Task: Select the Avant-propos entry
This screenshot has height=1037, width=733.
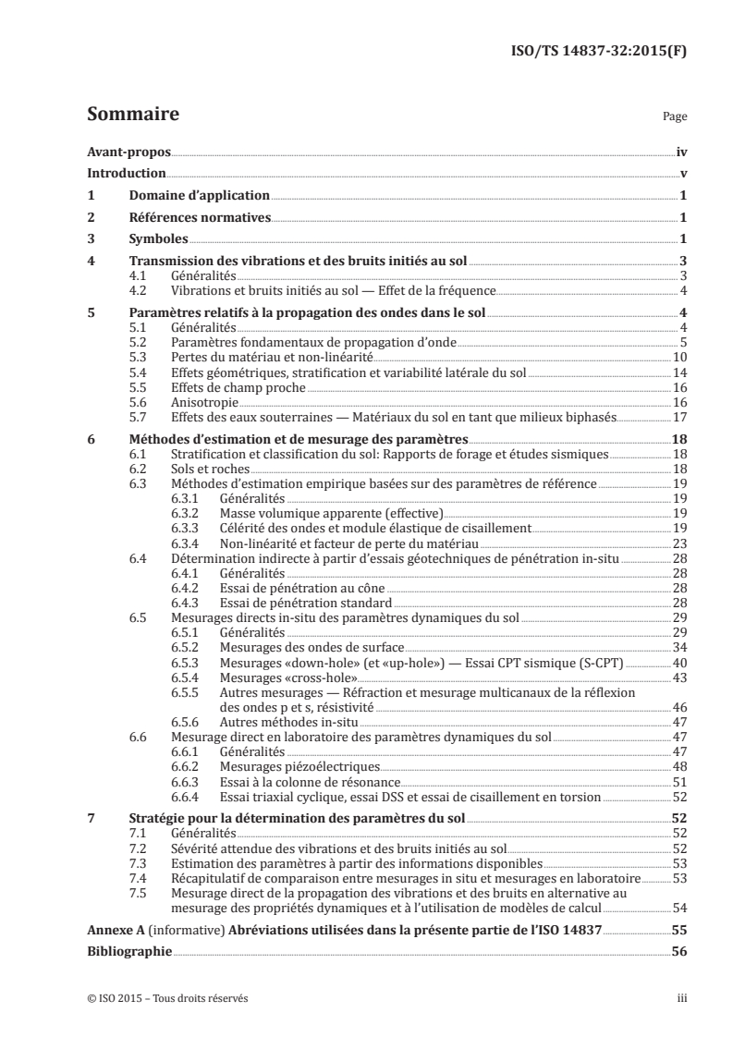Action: [123, 151]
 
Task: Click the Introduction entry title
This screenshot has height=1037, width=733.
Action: [127, 174]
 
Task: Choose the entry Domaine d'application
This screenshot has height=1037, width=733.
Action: [199, 196]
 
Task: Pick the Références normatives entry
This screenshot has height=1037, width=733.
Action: [199, 218]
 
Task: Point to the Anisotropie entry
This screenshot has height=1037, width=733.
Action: [203, 404]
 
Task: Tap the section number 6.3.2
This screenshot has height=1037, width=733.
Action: [188, 513]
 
